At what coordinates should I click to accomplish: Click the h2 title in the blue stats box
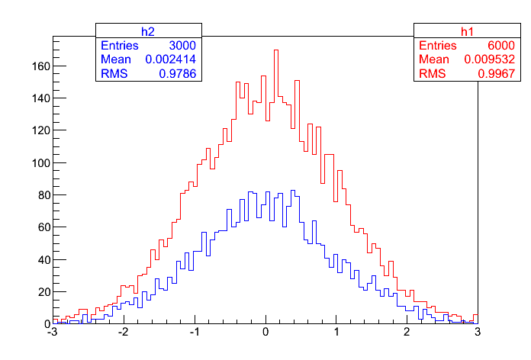[x=149, y=31]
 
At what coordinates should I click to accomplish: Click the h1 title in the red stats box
[x=467, y=31]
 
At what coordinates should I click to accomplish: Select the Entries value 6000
[x=500, y=46]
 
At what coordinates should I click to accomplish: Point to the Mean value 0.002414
[x=171, y=59]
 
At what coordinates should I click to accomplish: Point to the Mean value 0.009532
[x=489, y=59]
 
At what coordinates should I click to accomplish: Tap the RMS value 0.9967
[x=495, y=73]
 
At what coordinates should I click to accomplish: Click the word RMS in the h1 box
[x=431, y=73]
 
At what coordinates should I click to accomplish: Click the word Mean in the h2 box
[x=117, y=59]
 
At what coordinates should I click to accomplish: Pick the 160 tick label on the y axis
[x=40, y=66]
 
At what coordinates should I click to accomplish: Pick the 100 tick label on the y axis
[x=40, y=163]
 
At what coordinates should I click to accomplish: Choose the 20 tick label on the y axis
[x=43, y=292]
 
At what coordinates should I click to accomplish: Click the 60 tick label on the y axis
[x=43, y=227]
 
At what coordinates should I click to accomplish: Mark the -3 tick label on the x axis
[x=52, y=333]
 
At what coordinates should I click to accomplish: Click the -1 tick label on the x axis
[x=194, y=333]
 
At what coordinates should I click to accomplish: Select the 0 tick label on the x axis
[x=265, y=333]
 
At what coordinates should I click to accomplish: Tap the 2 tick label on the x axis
[x=407, y=333]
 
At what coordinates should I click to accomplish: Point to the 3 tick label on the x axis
[x=478, y=333]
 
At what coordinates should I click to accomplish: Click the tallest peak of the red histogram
[x=276, y=51]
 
